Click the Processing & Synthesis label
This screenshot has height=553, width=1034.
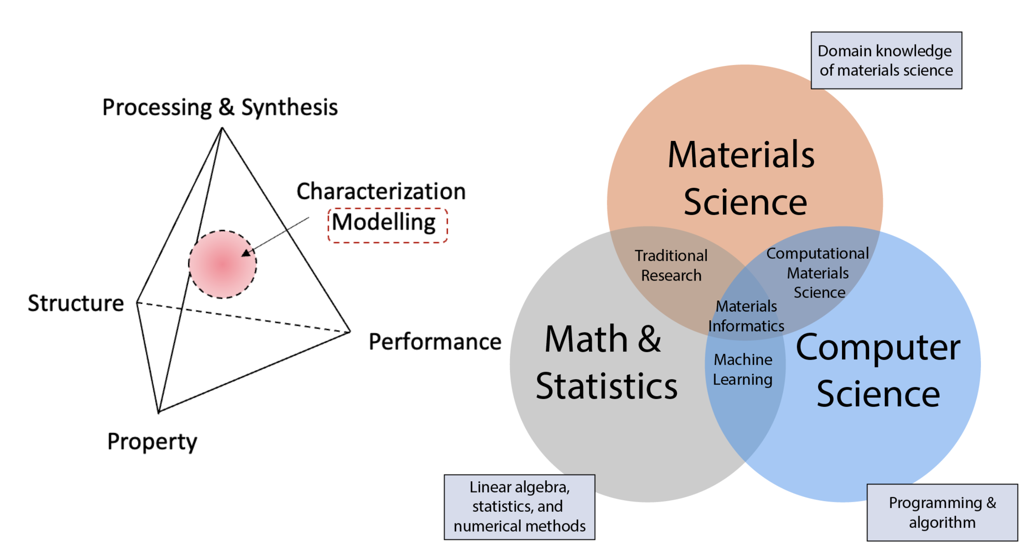click(x=220, y=108)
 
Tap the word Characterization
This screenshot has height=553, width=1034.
click(x=381, y=192)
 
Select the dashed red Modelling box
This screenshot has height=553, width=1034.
click(x=387, y=225)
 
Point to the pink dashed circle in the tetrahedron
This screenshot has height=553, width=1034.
click(x=222, y=264)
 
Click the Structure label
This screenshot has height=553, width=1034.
click(x=76, y=303)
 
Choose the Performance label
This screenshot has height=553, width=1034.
click(x=435, y=342)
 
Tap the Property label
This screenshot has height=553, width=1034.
click(x=152, y=441)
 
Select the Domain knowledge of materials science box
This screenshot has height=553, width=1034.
click(x=886, y=61)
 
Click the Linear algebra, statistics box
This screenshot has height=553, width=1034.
click(x=519, y=507)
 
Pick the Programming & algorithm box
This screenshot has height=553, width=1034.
click(x=942, y=512)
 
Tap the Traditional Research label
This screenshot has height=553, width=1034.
click(x=671, y=265)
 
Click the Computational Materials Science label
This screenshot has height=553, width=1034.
click(x=818, y=272)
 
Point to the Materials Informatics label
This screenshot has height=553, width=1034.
click(x=746, y=316)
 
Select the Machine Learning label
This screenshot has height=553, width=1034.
click(x=743, y=370)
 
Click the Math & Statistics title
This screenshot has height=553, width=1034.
click(x=606, y=363)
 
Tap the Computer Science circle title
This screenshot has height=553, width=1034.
click(x=878, y=371)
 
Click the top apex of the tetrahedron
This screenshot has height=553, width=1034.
click(x=222, y=128)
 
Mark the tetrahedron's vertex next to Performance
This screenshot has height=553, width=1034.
click(x=350, y=332)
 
